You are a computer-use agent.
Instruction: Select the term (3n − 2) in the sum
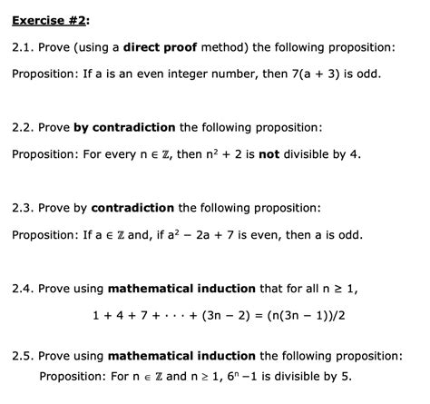(197, 316)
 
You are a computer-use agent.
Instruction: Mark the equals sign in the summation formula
(238, 316)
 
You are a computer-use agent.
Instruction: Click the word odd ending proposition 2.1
(368, 73)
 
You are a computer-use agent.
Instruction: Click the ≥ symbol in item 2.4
(337, 289)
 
